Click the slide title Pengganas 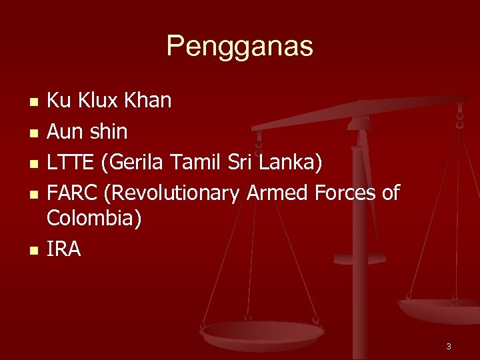[239, 47]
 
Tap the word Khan [150, 101]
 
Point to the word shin [107, 131]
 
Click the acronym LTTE [67, 162]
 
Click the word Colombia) [93, 218]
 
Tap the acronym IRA [63, 249]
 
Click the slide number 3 [449, 346]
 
